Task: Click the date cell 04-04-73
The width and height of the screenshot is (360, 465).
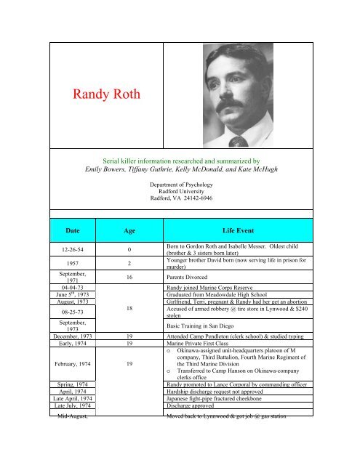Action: tap(65, 309)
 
